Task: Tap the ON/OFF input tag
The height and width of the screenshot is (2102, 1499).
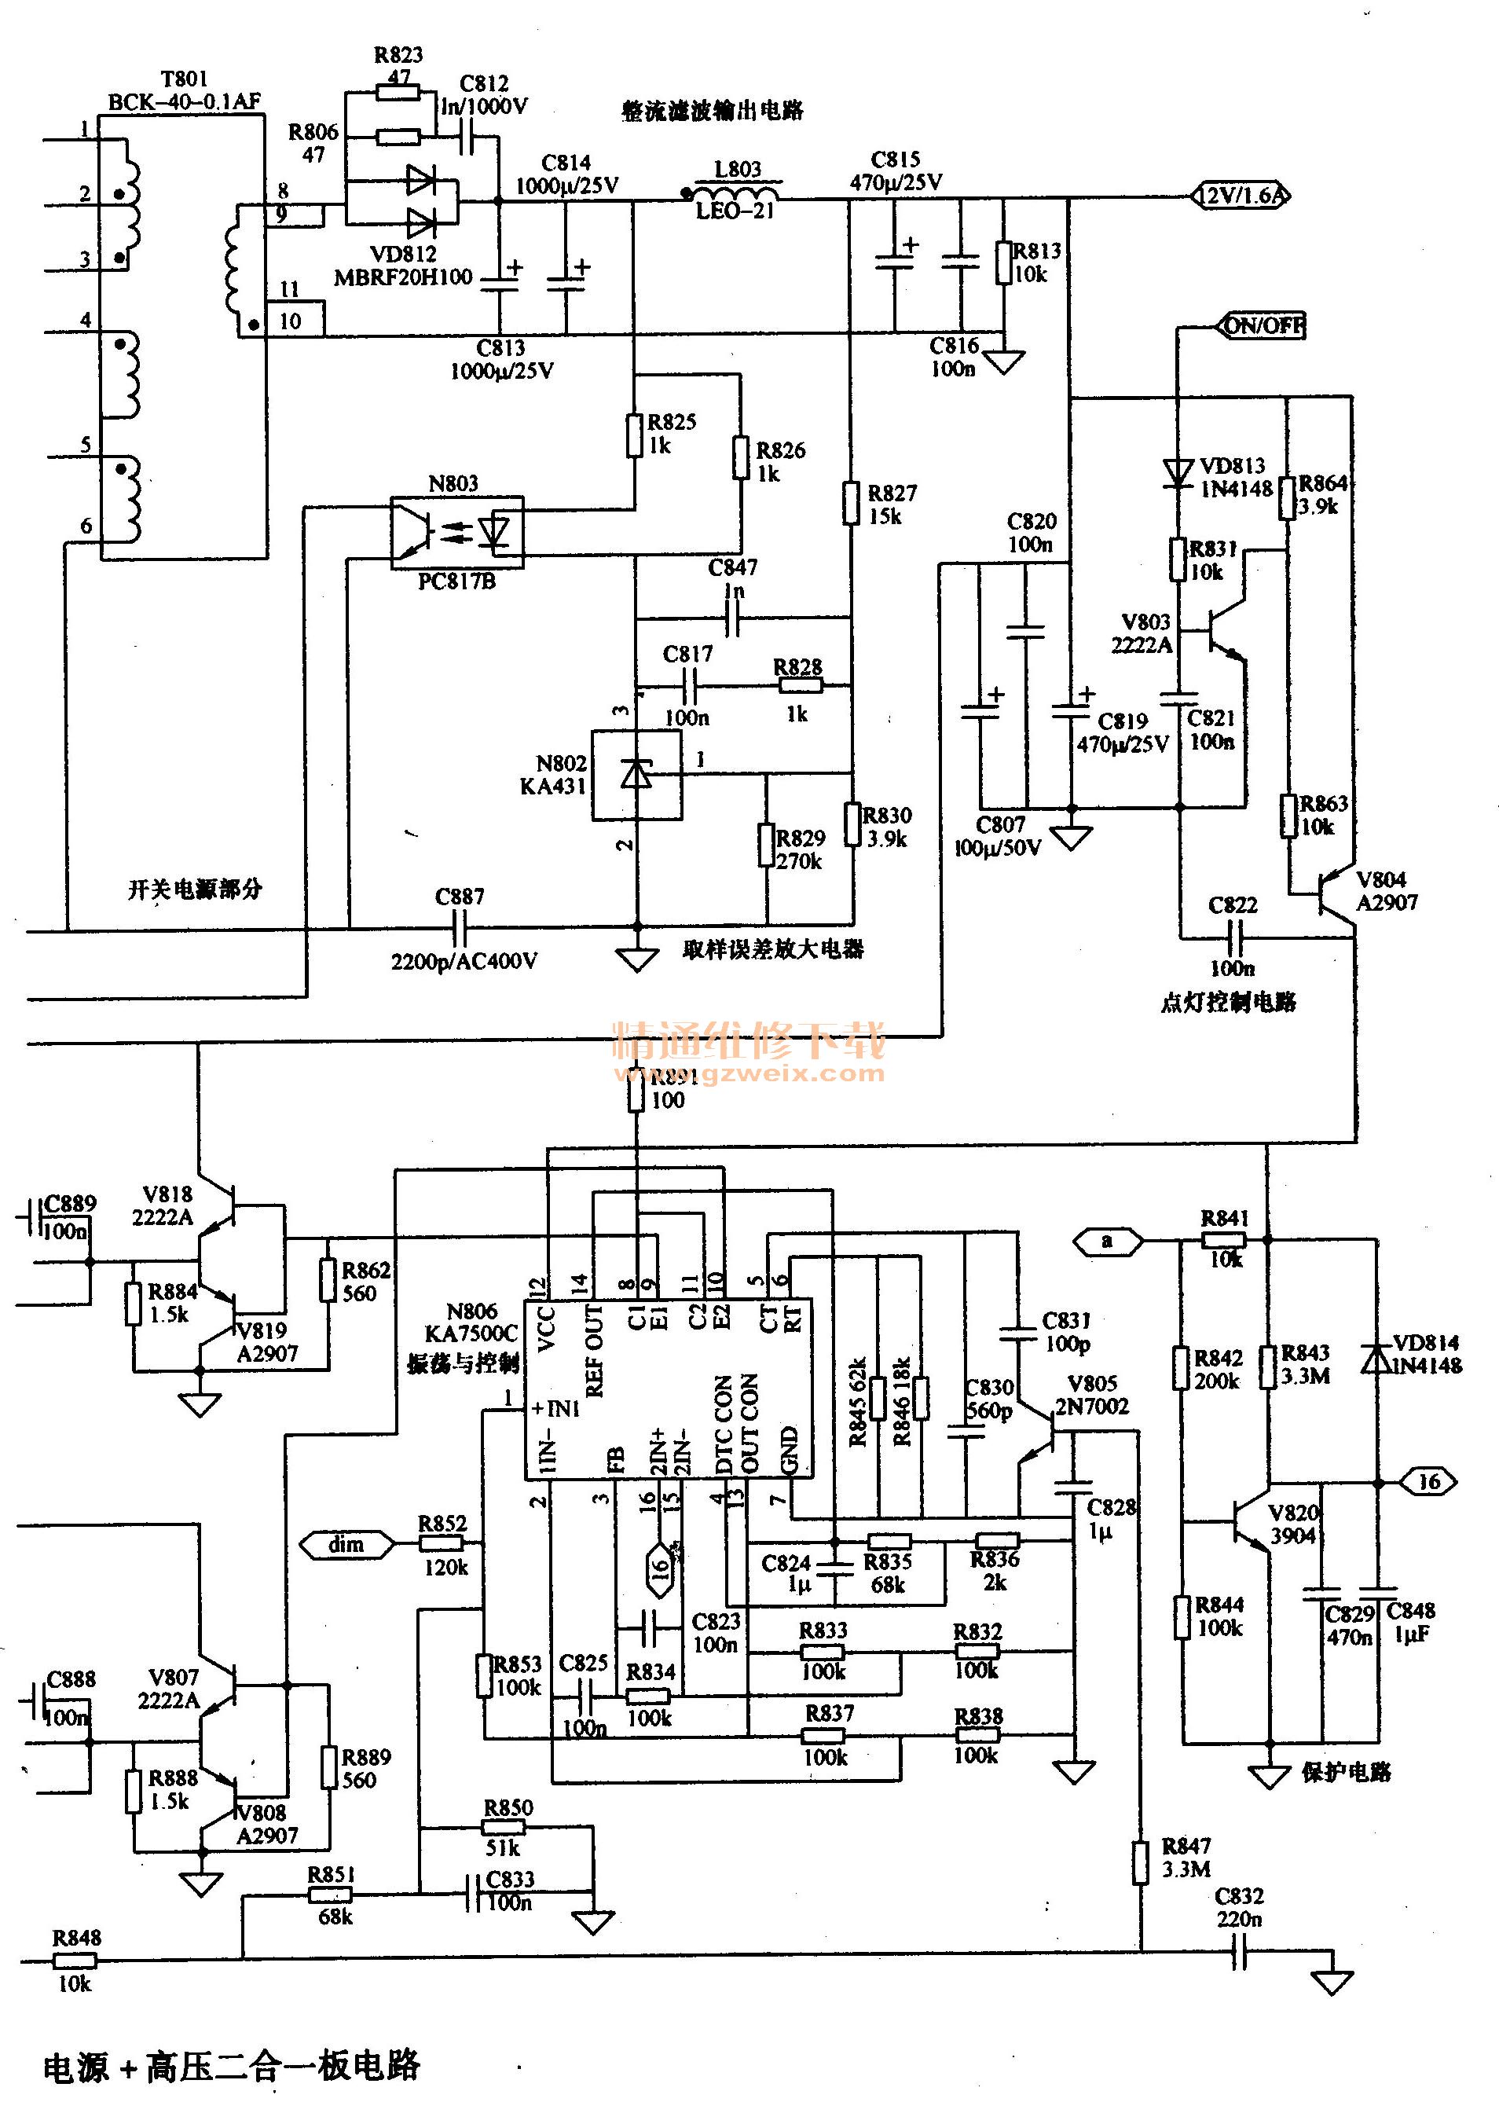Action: coord(1263,326)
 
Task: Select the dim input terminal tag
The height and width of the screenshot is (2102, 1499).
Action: coord(347,1544)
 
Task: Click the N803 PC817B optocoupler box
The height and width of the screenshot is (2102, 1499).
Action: coord(457,533)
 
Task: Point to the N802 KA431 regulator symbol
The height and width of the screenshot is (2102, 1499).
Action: coord(636,773)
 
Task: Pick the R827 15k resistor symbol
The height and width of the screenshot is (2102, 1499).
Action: coord(851,503)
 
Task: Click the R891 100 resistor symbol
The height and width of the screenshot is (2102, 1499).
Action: coord(636,1095)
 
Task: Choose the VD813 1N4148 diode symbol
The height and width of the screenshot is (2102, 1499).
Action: coord(1178,474)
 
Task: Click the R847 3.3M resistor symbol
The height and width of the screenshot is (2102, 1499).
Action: coord(1141,1862)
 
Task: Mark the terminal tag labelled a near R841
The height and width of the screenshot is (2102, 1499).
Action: coord(1108,1242)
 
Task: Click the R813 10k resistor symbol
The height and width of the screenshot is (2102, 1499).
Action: coord(1003,263)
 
